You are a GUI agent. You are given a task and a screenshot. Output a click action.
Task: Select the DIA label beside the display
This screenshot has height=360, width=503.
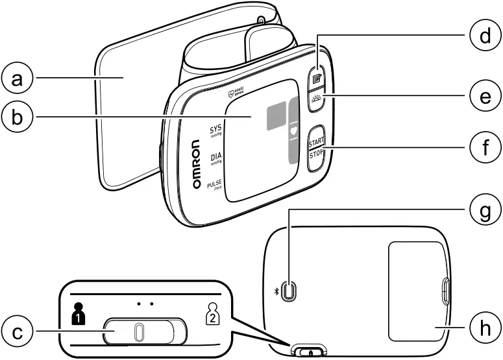pyautogui.click(x=215, y=158)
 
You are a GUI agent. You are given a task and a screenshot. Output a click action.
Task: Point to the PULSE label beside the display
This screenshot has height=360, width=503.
pyautogui.click(x=214, y=186)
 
